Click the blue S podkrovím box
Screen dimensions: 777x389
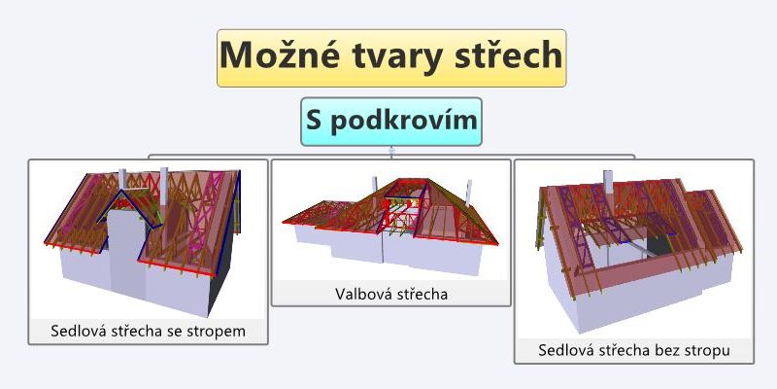pyautogui.click(x=391, y=122)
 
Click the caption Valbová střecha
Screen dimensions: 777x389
pyautogui.click(x=391, y=294)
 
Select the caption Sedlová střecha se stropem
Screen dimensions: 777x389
pyautogui.click(x=148, y=331)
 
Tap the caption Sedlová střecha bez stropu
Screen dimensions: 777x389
pyautogui.click(x=634, y=350)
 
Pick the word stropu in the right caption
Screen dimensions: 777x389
pyautogui.click(x=708, y=351)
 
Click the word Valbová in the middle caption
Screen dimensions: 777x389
pyautogui.click(x=362, y=294)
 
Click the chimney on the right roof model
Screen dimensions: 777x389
pyautogui.click(x=608, y=182)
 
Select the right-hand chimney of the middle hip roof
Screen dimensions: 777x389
pyautogui.click(x=468, y=192)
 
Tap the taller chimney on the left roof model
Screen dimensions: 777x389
pyautogui.click(x=163, y=187)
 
